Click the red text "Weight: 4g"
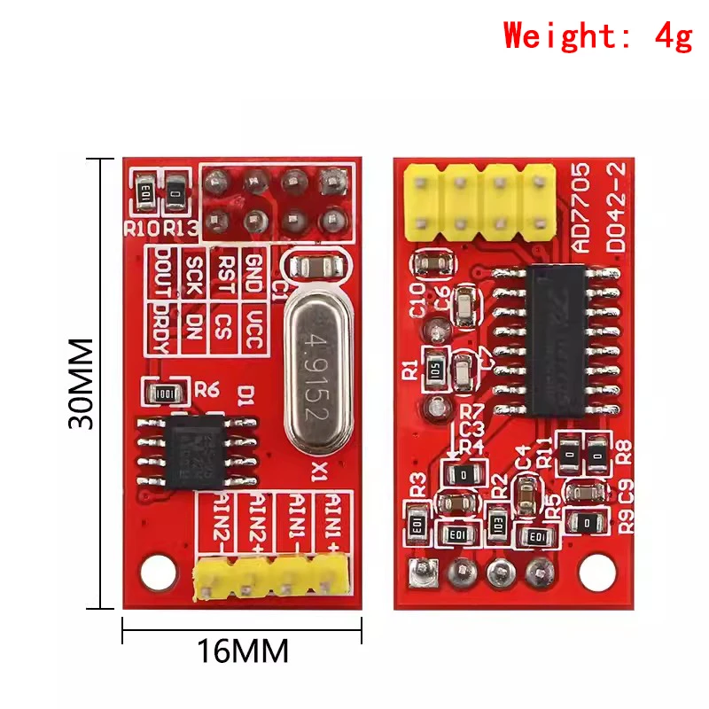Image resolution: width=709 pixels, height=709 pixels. click(597, 36)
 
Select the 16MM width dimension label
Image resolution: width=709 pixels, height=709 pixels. click(242, 652)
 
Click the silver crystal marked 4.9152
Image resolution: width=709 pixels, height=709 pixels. click(312, 367)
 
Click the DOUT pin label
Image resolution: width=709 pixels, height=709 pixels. click(163, 268)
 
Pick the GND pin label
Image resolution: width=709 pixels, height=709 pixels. click(252, 268)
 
